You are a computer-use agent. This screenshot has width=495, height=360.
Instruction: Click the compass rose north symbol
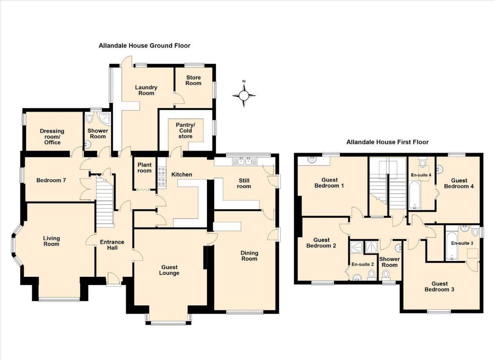(244, 94)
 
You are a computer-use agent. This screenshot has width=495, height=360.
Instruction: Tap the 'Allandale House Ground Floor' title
(145, 45)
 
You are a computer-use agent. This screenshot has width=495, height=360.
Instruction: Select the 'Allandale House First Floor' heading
(387, 142)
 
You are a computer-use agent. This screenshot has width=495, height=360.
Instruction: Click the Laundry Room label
(146, 90)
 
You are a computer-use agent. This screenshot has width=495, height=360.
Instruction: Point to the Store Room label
(193, 80)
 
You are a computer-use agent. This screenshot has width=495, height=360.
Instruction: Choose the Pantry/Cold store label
(185, 130)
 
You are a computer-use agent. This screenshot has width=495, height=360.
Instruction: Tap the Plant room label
(145, 168)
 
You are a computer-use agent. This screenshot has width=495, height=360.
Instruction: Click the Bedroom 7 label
(51, 180)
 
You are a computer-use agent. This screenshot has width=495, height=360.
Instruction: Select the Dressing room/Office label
(52, 137)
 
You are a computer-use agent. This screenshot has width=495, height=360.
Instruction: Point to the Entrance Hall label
(112, 245)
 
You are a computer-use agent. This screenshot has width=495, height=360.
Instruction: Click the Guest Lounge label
(169, 270)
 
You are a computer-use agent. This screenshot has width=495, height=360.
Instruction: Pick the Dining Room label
(249, 256)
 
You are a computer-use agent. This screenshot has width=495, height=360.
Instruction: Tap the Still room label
(244, 183)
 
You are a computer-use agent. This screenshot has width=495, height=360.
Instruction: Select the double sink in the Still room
(245, 161)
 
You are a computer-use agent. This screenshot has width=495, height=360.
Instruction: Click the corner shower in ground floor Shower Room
(105, 118)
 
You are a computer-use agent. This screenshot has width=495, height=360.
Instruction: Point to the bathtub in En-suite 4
(414, 197)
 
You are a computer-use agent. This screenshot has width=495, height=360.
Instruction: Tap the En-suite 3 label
(462, 243)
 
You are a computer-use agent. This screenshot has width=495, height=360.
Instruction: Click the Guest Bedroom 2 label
(321, 243)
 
